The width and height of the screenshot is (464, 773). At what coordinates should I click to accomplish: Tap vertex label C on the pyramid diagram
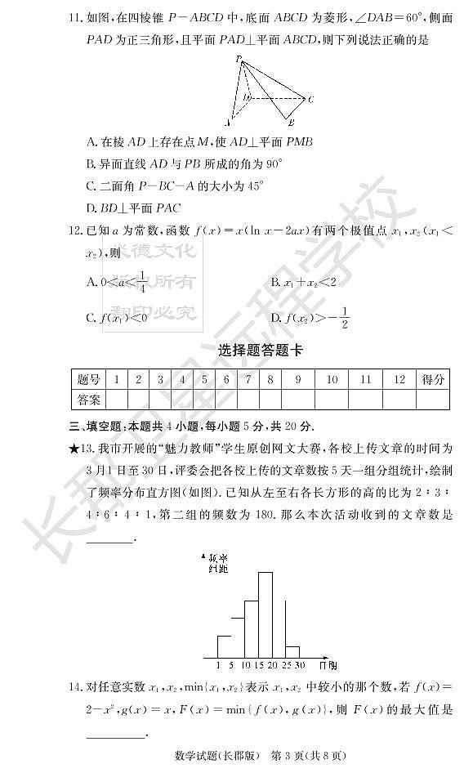309,99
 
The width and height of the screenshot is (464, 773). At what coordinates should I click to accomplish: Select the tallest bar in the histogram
265,614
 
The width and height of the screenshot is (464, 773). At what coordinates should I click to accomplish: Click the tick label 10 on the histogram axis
245,664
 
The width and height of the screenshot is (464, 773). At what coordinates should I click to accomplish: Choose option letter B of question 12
275,282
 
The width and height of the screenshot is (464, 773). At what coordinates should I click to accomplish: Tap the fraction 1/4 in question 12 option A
142,282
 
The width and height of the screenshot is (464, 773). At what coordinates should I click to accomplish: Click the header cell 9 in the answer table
298,379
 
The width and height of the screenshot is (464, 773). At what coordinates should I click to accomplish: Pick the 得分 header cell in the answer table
433,379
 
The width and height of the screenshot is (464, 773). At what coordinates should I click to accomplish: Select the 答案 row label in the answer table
89,399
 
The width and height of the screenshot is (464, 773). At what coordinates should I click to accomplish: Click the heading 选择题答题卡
260,350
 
